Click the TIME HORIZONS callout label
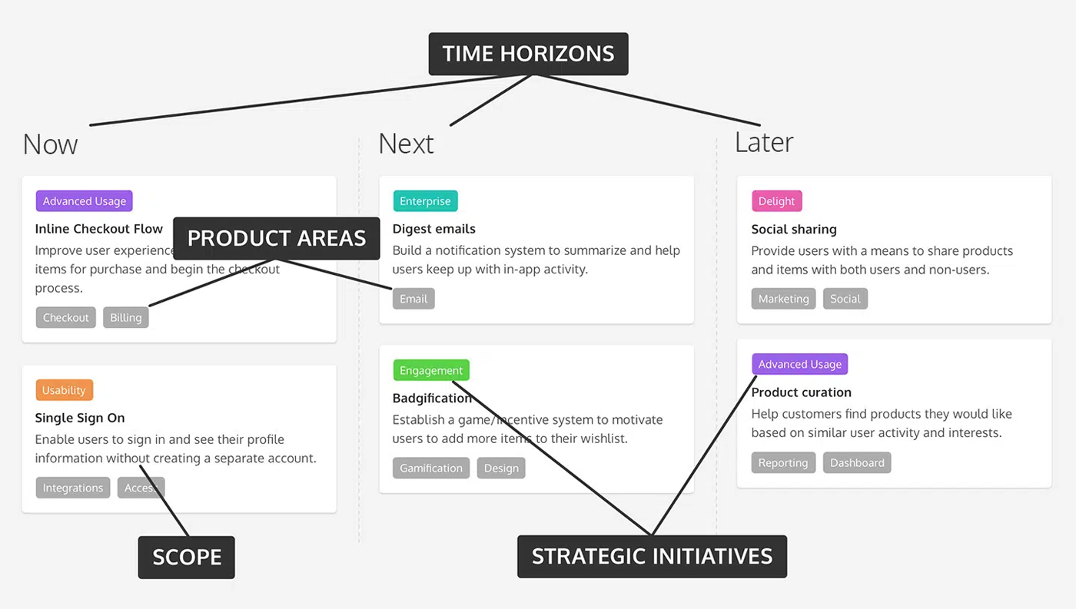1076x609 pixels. (x=528, y=54)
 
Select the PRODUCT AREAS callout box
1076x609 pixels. (x=277, y=238)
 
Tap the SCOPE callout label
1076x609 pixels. (x=187, y=557)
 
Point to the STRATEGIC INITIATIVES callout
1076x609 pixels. (x=652, y=556)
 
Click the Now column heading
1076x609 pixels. (x=51, y=144)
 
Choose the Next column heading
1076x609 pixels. (x=406, y=144)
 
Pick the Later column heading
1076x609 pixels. (x=764, y=142)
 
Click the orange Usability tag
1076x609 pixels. (x=64, y=390)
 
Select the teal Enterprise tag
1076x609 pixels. (x=425, y=201)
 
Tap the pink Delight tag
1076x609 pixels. (x=776, y=201)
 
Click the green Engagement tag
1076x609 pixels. (x=431, y=370)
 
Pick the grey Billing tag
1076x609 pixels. (x=126, y=318)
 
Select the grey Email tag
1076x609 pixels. (x=413, y=299)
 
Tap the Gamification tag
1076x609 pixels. (x=431, y=468)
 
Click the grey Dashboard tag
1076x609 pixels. (x=857, y=462)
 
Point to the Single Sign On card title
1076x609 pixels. (x=80, y=418)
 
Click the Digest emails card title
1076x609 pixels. (x=434, y=229)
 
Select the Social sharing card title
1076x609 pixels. (x=794, y=229)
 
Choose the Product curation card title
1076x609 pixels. (x=802, y=392)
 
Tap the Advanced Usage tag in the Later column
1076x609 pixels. (x=799, y=365)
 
